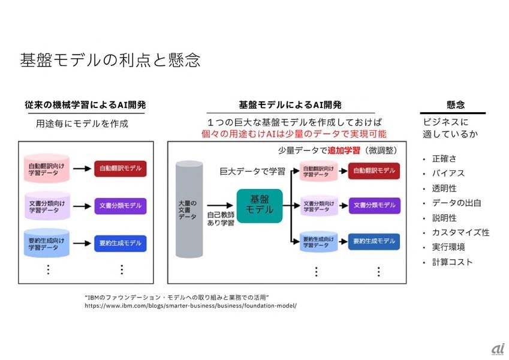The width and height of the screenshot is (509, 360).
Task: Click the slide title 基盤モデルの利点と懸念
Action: [x=110, y=61]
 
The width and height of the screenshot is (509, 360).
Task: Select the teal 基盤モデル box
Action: [x=259, y=205]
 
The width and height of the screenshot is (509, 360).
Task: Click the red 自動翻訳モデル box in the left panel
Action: [x=120, y=169]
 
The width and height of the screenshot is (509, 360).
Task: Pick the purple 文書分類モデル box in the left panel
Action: [x=120, y=206]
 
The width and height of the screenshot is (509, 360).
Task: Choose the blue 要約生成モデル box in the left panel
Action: [x=120, y=243]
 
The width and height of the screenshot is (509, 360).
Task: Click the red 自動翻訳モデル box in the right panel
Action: [x=374, y=170]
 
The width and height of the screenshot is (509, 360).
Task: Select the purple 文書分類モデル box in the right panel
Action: [x=374, y=205]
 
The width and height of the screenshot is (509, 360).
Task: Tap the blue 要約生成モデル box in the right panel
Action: [x=374, y=241]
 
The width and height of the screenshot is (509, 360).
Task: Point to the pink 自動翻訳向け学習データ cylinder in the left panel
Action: [x=47, y=169]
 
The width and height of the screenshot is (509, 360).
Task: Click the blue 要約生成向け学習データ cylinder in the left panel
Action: [x=47, y=243]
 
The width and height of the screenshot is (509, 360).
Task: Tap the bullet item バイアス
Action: [x=448, y=173]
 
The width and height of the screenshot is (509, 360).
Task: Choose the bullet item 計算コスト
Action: [x=452, y=262]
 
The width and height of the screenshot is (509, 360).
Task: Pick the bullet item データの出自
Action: [x=456, y=203]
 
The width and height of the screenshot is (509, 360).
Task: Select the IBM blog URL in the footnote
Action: [x=191, y=305]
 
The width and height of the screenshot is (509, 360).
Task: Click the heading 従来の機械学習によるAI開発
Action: [x=85, y=104]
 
